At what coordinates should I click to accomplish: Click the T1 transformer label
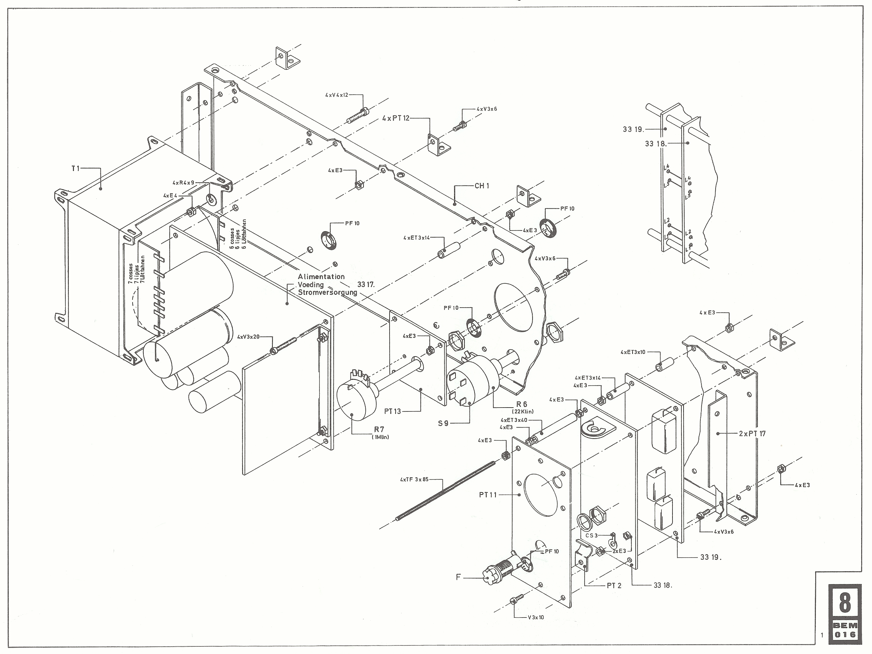[75, 168]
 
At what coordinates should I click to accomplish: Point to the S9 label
[443, 424]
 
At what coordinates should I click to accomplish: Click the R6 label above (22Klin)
[521, 404]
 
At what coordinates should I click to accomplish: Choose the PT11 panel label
[488, 495]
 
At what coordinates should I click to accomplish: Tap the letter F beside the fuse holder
[458, 577]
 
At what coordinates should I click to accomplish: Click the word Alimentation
[321, 277]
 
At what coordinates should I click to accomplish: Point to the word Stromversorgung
[327, 292]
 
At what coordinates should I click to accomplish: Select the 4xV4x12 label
[337, 95]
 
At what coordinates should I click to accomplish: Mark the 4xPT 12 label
[396, 118]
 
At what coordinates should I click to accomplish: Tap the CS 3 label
[591, 535]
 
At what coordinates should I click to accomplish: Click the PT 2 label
[614, 586]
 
